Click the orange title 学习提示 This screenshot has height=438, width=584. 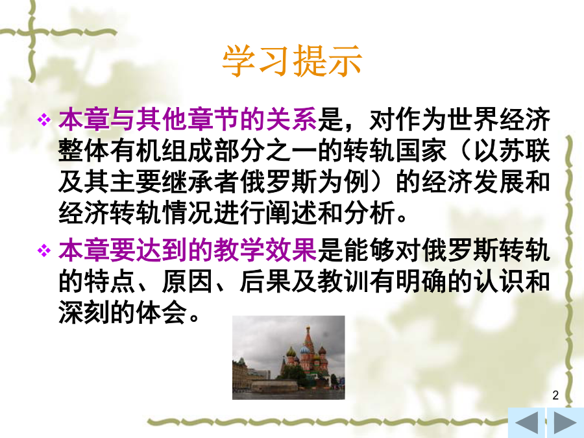pyautogui.click(x=292, y=61)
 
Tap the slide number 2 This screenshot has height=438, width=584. pyautogui.click(x=555, y=395)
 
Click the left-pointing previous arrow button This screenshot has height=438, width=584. pyautogui.click(x=527, y=423)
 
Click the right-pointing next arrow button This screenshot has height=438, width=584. pyautogui.click(x=565, y=423)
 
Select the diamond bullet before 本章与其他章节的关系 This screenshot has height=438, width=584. pyautogui.click(x=44, y=120)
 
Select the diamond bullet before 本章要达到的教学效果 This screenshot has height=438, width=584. pyautogui.click(x=44, y=250)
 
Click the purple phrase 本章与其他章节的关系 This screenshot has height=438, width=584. pyautogui.click(x=188, y=120)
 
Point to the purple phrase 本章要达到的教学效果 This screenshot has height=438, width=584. pyautogui.click(x=188, y=250)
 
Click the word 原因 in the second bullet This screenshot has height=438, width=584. pyautogui.click(x=188, y=282)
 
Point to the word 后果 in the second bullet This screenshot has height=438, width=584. pyautogui.click(x=265, y=282)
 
